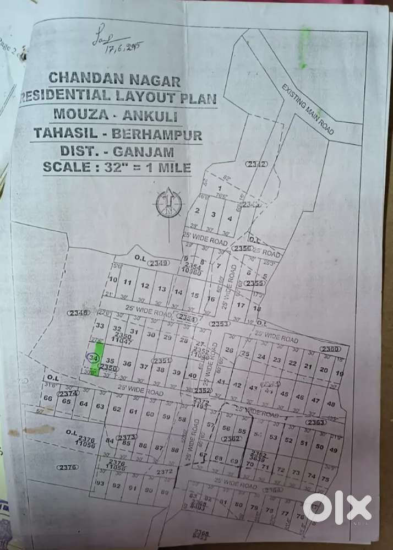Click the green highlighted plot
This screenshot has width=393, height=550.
pos(99,352)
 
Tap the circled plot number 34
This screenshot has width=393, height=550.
pos(92,358)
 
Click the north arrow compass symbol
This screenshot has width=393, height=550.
pos(168,203)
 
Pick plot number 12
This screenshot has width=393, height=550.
pos(145,286)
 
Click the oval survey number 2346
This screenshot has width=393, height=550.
pos(78,313)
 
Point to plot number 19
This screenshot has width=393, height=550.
pos(339,373)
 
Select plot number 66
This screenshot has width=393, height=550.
pos(48,398)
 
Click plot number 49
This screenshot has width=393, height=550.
pos(333,449)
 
